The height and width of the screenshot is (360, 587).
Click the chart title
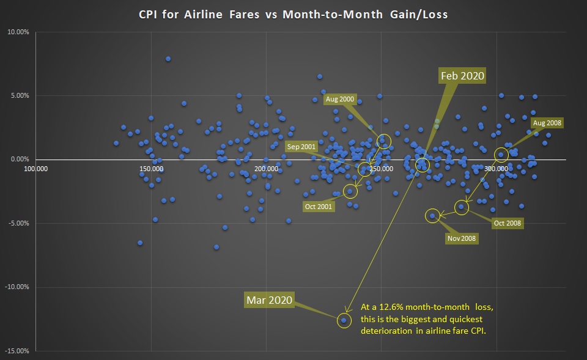click(293, 14)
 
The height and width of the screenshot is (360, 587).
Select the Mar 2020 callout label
click(270, 299)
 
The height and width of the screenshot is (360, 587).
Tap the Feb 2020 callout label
click(462, 76)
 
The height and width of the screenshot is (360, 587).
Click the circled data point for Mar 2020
click(344, 320)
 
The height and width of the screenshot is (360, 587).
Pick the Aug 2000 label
click(340, 99)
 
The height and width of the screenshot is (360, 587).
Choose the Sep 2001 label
click(301, 147)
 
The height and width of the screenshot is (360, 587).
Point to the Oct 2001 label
click(319, 207)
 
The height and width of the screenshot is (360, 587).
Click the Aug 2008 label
click(547, 123)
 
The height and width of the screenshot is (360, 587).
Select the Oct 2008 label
click(507, 223)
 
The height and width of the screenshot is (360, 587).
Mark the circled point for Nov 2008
click(433, 215)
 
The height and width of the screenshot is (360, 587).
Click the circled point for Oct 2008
click(461, 207)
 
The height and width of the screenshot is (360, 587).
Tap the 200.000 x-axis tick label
click(265, 168)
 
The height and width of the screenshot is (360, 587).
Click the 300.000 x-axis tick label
click(496, 168)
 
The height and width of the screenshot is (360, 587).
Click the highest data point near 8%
click(168, 59)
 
